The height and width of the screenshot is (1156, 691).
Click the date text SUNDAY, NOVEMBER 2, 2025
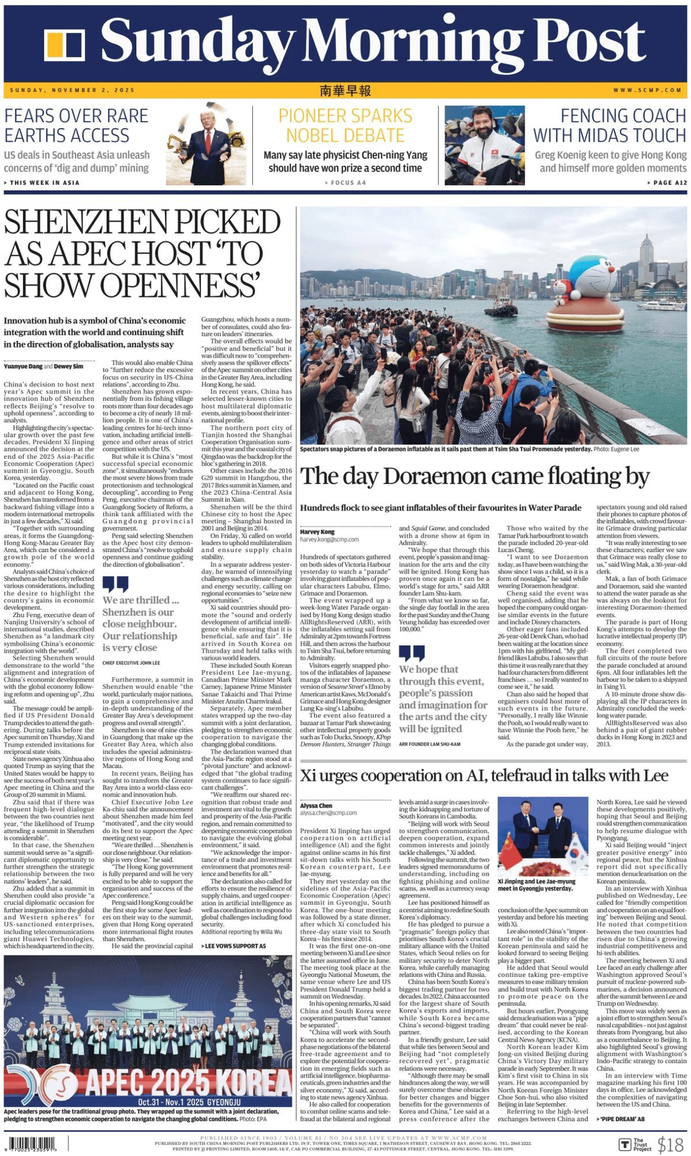point(73,90)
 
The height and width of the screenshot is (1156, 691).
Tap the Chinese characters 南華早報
point(345,90)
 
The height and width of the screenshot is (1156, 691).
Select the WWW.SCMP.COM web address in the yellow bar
point(647,90)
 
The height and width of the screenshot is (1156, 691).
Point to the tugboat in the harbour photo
point(500,306)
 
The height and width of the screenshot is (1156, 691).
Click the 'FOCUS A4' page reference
point(345,183)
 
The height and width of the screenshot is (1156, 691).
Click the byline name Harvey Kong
point(317,531)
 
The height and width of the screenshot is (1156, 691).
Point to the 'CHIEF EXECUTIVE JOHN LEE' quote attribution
point(131,663)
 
